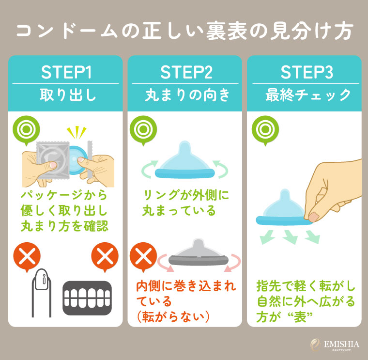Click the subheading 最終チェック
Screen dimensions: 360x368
pos(307,94)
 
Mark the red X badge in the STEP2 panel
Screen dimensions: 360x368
pos(142,255)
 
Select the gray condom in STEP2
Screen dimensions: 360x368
pos(197,253)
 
